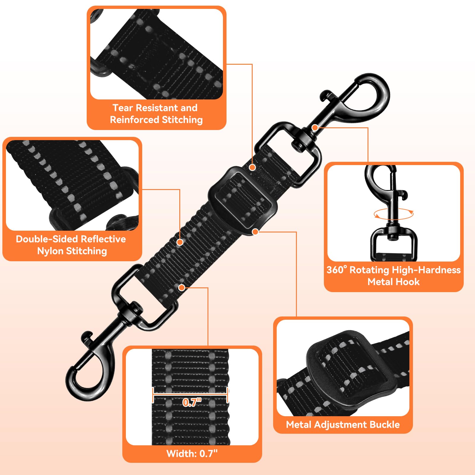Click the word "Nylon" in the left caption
[50, 251]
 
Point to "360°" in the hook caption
[337, 270]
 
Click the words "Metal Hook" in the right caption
[393, 282]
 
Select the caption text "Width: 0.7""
[192, 454]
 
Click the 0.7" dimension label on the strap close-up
[192, 402]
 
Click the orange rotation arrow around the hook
[393, 214]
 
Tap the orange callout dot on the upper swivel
[315, 128]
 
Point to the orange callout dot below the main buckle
[255, 231]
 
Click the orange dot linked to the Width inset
[182, 287]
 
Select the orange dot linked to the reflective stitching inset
[180, 242]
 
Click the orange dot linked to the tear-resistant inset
[252, 167]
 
